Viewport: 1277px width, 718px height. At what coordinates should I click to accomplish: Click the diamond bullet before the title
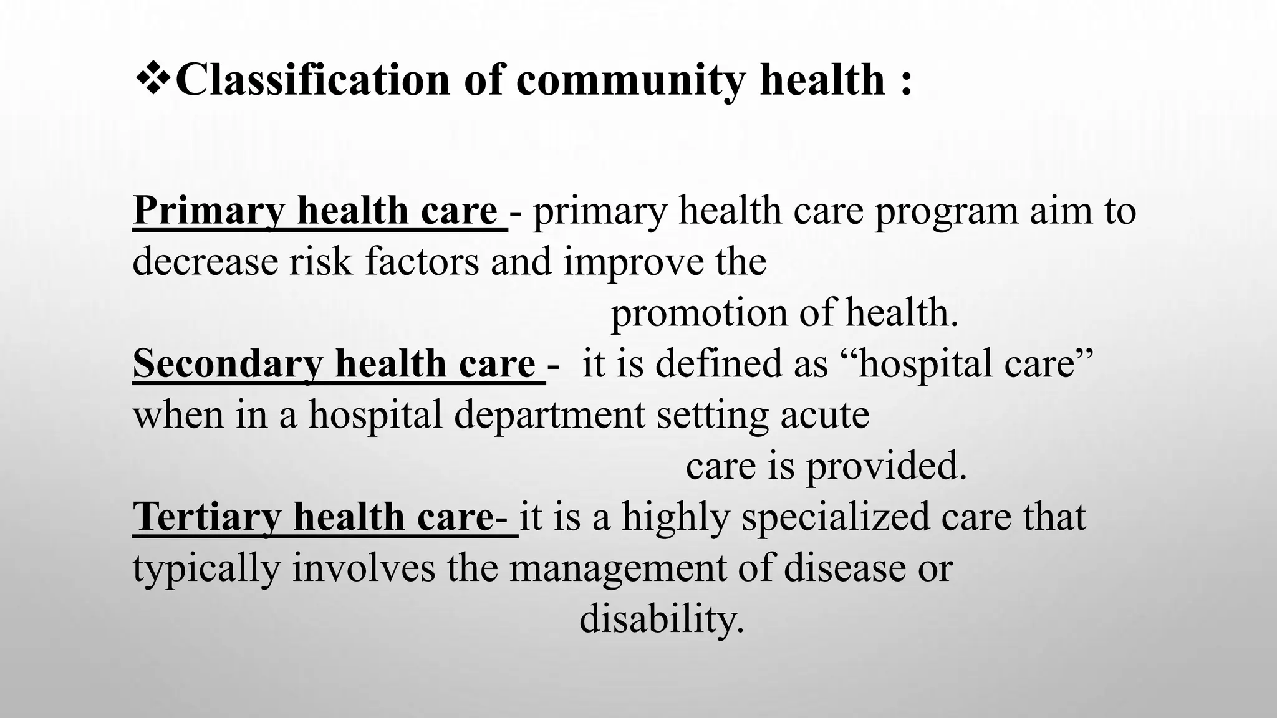[x=152, y=80]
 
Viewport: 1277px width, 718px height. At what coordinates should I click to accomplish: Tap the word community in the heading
[x=630, y=81]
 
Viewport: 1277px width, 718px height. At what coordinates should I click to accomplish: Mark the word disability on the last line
[x=662, y=619]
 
